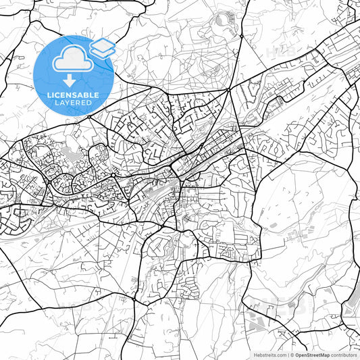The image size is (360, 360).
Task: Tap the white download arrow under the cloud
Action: [70, 79]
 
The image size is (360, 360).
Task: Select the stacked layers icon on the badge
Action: [102, 47]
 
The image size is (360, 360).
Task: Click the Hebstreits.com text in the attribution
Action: [269, 355]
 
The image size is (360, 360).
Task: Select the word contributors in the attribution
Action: [344, 355]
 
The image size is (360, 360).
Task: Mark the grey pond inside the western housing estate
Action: [69, 156]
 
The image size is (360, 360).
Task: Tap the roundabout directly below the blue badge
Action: [88, 116]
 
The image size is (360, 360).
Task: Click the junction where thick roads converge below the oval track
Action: [230, 88]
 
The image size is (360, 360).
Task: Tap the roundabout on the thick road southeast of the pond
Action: [112, 176]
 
